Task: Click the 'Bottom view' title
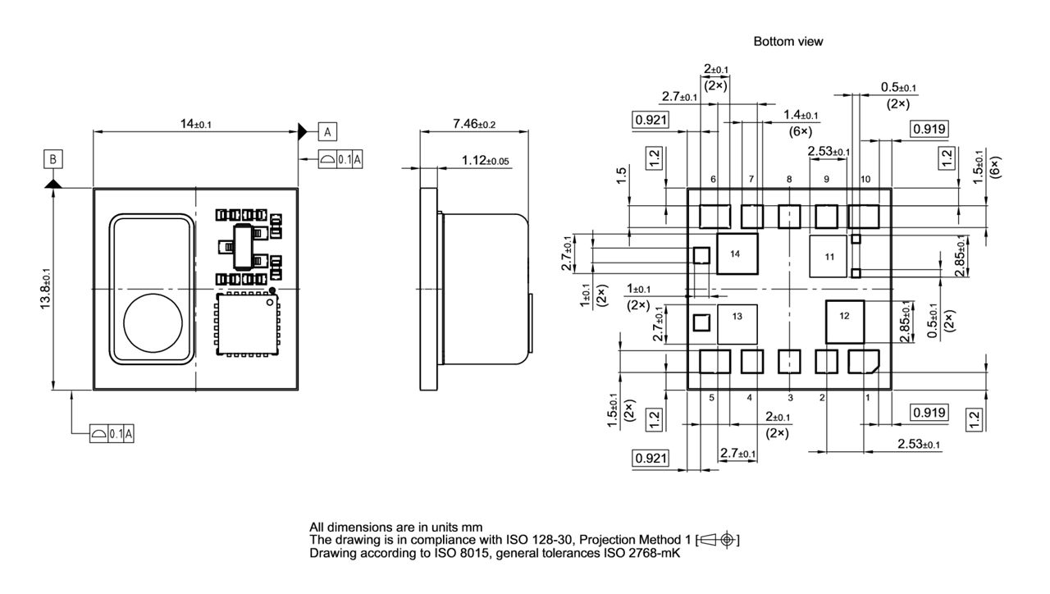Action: coord(787,41)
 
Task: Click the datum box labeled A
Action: coord(326,131)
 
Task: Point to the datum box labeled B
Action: coord(53,158)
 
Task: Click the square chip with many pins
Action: coord(246,325)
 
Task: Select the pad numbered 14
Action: coord(737,254)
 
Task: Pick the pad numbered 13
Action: coord(737,324)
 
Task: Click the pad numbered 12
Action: coord(845,322)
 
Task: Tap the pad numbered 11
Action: coord(829,258)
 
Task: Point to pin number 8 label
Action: coord(788,179)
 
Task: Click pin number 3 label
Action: coord(789,398)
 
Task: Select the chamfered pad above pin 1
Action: coord(863,361)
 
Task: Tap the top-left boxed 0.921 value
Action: coord(650,121)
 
